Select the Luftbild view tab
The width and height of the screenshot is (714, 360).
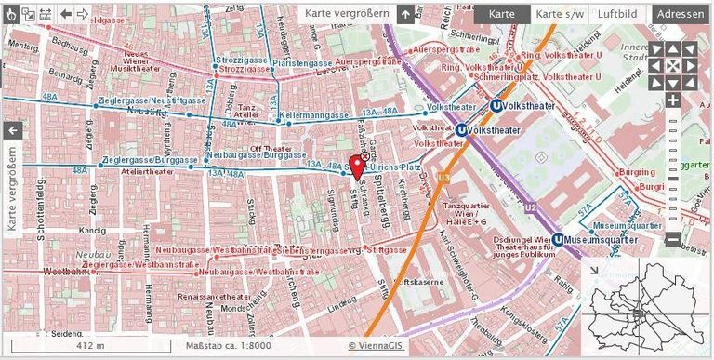(617, 14)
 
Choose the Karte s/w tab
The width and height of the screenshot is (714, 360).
(561, 14)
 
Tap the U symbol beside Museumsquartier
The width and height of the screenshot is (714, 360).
(557, 239)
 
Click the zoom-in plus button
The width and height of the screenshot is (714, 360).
(673, 100)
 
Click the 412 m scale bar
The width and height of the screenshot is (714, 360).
(89, 345)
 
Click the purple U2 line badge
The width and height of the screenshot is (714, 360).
(530, 207)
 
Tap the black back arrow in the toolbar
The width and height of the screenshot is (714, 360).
(65, 14)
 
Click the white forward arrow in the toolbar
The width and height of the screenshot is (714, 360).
(83, 14)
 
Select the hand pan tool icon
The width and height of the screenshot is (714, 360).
(10, 14)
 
